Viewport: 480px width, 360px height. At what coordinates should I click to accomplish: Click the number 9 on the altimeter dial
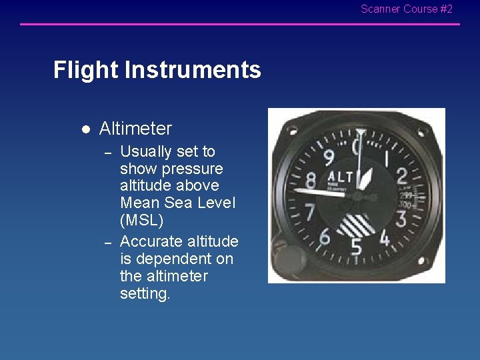pos(329,158)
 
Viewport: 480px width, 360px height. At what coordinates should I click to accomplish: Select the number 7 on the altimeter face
pos(309,212)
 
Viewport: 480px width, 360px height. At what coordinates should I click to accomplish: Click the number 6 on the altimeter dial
pos(325,235)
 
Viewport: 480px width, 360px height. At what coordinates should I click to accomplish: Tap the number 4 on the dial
pos(385,237)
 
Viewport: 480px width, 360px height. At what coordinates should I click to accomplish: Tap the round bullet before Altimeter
pos(85,129)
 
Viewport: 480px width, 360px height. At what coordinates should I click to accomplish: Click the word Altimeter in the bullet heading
pos(135,129)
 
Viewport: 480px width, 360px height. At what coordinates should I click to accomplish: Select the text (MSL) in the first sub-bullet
pos(141,220)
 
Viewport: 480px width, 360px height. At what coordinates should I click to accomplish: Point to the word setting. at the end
pos(145,293)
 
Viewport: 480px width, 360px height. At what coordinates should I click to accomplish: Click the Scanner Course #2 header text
pos(406,9)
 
